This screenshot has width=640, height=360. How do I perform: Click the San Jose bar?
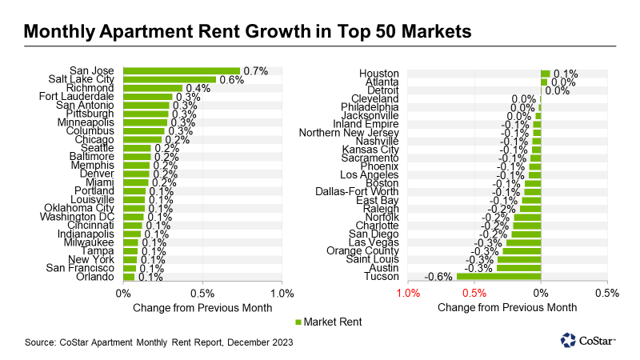182,71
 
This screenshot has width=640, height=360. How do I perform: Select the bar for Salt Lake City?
170,80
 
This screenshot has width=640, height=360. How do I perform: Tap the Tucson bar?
498,277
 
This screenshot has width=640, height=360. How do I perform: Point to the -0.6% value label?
439,277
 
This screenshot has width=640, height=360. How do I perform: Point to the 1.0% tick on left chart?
282,293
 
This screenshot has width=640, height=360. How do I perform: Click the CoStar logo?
588,341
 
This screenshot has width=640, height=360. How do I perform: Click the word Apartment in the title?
158,32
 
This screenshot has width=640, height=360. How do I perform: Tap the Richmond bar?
153,88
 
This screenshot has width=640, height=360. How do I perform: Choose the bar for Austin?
518,268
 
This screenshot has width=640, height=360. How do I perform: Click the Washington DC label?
80,217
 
